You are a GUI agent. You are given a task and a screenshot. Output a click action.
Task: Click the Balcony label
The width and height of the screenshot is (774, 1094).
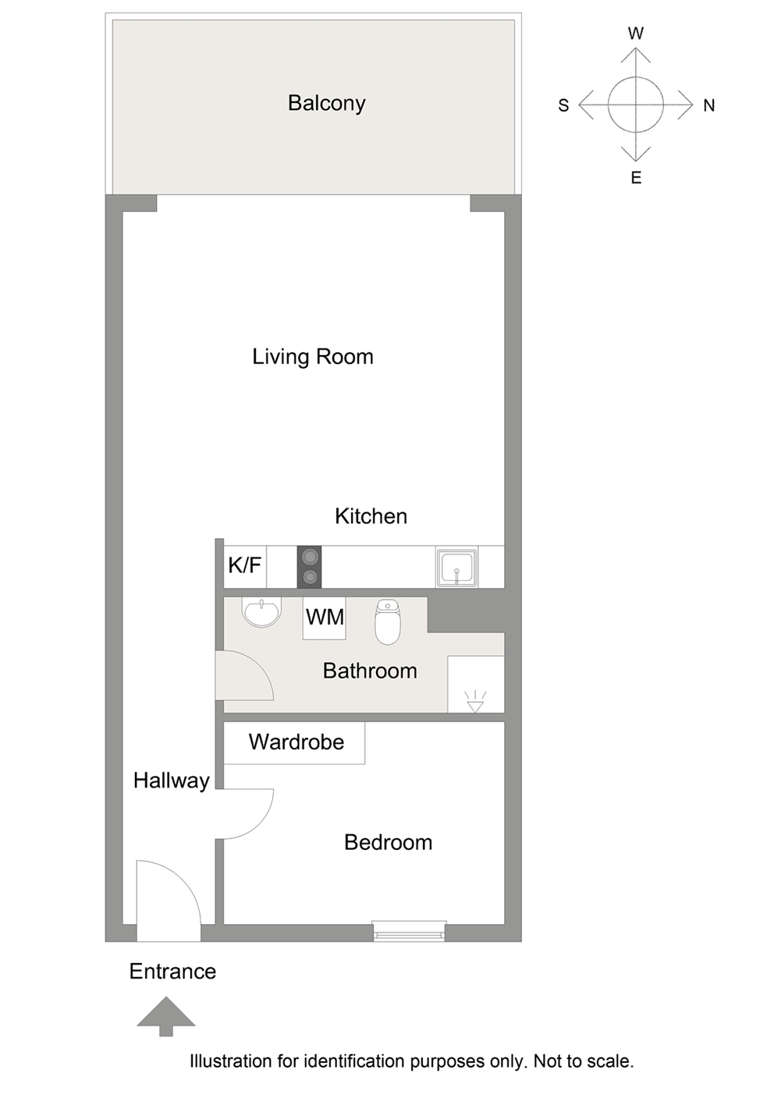pos(326,104)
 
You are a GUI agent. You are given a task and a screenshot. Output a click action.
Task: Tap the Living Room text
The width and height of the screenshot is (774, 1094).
pos(313,357)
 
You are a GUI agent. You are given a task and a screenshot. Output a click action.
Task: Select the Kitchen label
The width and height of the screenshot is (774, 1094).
pos(371,516)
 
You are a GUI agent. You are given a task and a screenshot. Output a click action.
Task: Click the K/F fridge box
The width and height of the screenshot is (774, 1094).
pos(245,567)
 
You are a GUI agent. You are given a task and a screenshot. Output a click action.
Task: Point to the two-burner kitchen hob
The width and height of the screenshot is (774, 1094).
pos(309,567)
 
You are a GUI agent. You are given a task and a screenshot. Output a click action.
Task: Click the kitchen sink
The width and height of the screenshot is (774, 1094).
pos(457,567)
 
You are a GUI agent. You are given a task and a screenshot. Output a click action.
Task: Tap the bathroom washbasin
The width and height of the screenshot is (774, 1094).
pos(262,612)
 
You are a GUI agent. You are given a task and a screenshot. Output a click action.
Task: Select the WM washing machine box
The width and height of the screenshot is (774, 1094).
pos(325,618)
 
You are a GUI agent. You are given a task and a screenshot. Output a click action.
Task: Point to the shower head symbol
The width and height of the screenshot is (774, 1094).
pos(475,702)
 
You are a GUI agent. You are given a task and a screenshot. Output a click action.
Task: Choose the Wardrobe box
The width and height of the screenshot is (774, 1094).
pos(294,743)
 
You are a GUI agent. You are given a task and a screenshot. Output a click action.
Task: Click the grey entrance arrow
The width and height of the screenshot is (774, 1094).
pos(166,1016)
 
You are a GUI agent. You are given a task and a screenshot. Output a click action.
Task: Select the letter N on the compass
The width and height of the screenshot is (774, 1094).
pos(709,105)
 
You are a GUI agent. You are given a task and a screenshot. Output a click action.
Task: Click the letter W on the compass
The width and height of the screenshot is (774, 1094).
pos(636,34)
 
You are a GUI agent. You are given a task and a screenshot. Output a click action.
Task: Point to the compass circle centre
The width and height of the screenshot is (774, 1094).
pos(636,104)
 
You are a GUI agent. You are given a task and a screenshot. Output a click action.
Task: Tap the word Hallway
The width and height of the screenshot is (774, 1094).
pos(172,781)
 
